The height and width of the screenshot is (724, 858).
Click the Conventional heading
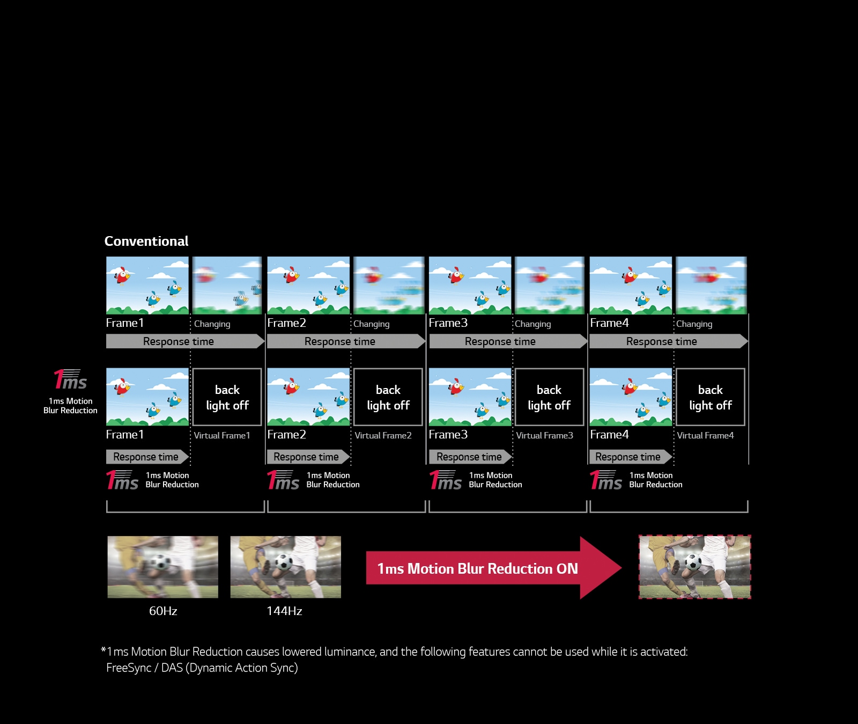point(146,242)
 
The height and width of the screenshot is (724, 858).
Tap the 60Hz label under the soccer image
point(163,611)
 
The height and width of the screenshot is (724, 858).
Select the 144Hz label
point(284,611)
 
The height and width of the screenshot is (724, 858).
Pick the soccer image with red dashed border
point(694,567)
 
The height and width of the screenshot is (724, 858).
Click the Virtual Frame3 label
point(544,435)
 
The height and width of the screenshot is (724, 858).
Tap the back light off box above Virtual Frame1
point(227,397)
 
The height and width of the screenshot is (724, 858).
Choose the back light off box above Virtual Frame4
point(710,397)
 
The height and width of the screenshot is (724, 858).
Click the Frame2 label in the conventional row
point(286,323)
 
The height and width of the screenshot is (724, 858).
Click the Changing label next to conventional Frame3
point(532,324)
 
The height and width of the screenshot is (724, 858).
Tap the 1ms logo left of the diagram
point(70,380)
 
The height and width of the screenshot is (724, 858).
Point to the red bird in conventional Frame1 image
point(123,275)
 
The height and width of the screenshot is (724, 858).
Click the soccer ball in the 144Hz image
point(283,562)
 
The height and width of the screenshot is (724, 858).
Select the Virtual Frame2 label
point(383,435)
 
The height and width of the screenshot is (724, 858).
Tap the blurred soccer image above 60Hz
point(162,567)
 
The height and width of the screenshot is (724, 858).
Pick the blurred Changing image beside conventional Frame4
point(711,285)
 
